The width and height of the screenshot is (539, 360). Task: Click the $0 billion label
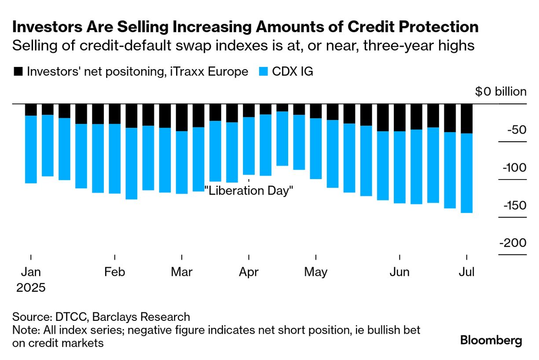500,92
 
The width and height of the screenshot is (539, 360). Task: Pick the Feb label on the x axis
115,272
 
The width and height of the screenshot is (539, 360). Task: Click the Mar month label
182,272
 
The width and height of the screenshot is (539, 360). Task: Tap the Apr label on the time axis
249,272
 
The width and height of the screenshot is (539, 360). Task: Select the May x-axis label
315,272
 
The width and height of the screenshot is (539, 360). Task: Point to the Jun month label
400,272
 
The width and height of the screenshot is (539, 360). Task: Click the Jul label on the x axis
466,272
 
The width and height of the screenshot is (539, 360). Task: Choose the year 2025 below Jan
31,288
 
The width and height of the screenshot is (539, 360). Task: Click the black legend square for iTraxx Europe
18,72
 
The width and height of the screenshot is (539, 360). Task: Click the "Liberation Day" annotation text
249,191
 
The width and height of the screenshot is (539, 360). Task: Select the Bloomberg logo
491,340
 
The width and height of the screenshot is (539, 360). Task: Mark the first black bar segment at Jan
31,110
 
